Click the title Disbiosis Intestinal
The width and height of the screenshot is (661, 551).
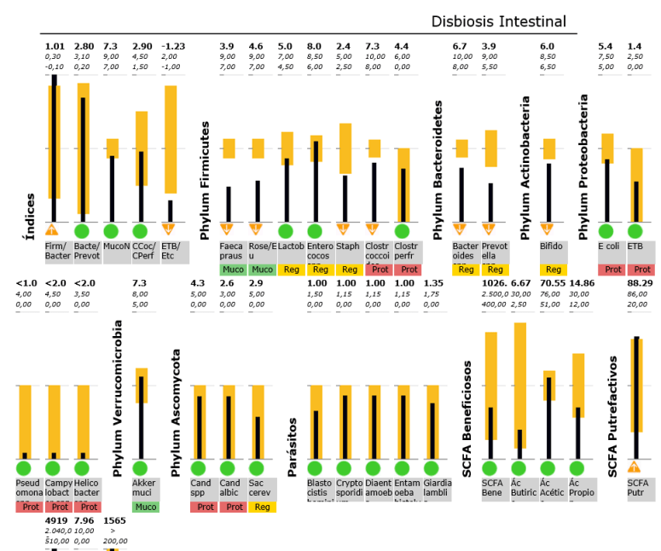498,21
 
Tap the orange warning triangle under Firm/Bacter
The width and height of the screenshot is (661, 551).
53,230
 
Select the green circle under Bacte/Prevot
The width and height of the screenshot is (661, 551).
83,231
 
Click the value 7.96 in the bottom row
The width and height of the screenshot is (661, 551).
84,519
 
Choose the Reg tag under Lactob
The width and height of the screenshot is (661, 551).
291,270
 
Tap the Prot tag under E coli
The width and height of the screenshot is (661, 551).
610,270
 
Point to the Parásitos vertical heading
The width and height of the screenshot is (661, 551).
292,446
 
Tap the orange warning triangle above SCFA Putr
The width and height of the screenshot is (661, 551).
634,467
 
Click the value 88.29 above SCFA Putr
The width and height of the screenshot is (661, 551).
640,283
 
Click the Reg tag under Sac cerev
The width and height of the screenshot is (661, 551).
261,507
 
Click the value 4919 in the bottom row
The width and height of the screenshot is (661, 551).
56,519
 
